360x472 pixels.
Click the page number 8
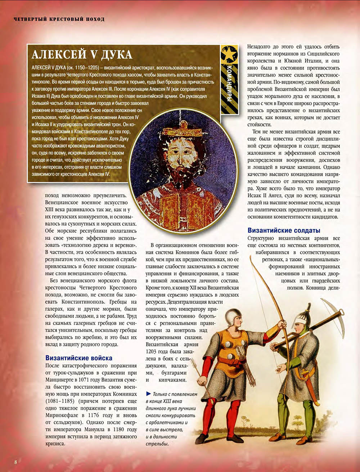click(x=16, y=462)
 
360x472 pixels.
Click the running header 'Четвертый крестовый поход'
click(x=59, y=19)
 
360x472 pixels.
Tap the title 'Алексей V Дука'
click(x=82, y=55)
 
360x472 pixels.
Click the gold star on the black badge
click(x=229, y=54)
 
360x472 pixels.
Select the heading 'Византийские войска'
click(x=79, y=358)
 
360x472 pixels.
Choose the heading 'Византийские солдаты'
click(x=284, y=230)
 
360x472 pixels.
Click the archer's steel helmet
click(x=233, y=317)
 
